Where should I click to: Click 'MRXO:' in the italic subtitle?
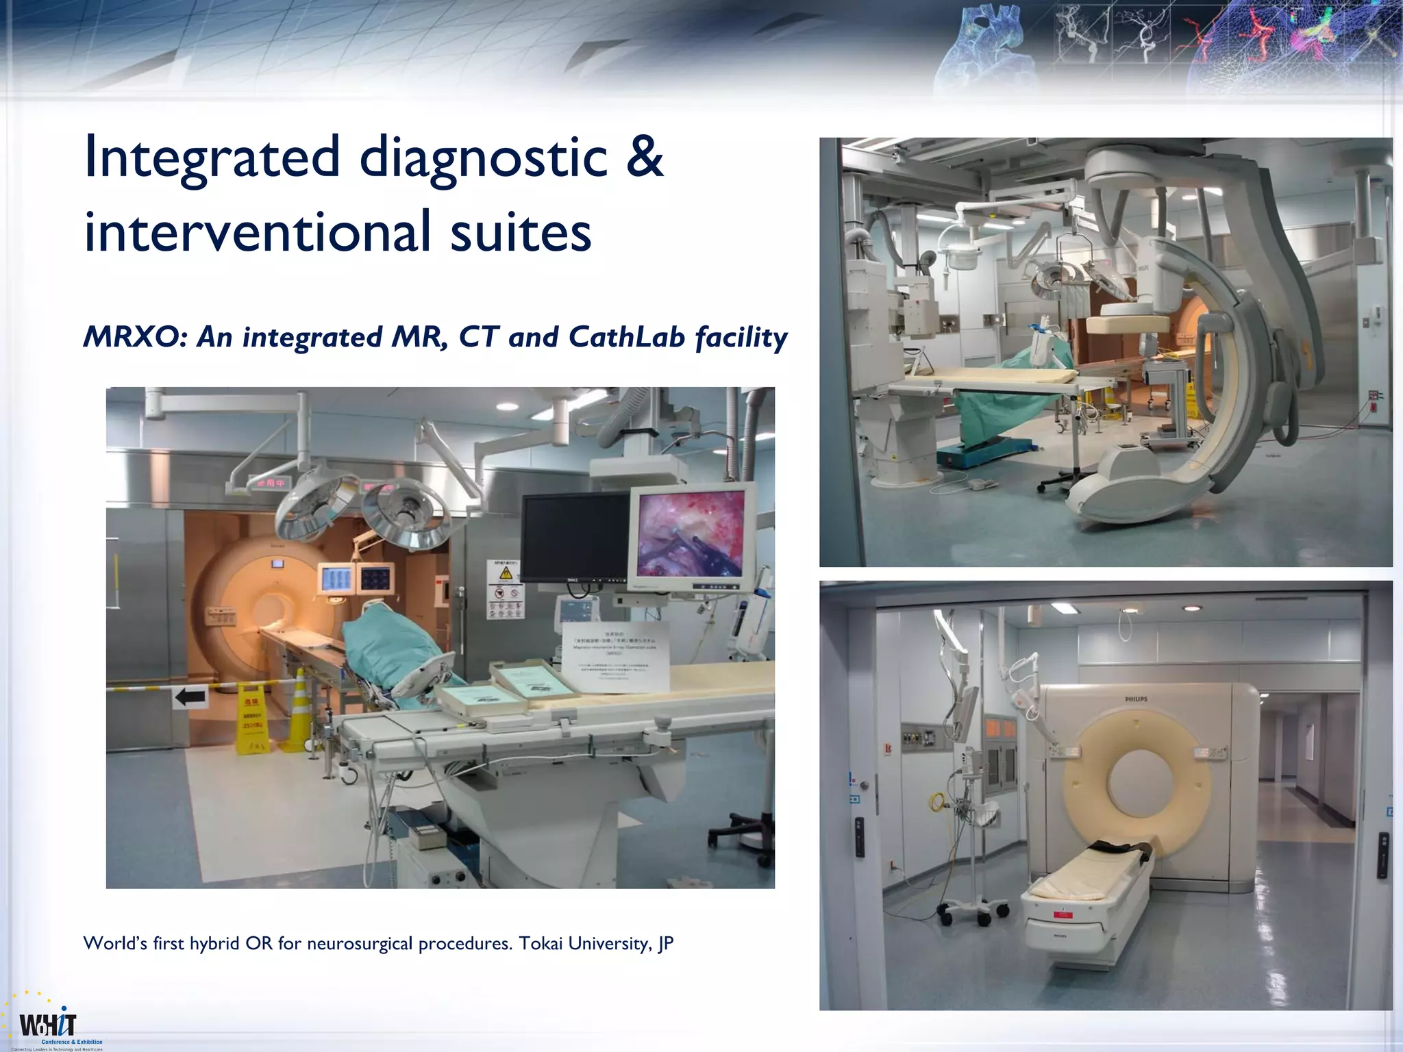134,337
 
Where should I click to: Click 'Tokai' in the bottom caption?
541,944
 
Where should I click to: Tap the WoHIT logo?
49,1025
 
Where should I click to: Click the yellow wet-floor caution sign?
251,719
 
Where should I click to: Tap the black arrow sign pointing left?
190,698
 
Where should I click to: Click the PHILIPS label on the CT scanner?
1137,699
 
